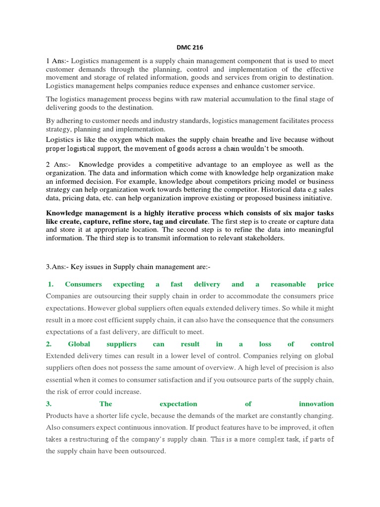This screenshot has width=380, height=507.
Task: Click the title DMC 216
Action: click(190, 47)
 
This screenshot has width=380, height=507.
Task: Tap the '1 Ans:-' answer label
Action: click(59, 60)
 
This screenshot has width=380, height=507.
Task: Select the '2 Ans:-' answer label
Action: click(59, 164)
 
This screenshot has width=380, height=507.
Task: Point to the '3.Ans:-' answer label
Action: click(58, 267)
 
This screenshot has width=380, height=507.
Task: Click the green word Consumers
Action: click(83, 284)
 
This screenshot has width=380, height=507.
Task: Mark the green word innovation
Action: click(316, 404)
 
